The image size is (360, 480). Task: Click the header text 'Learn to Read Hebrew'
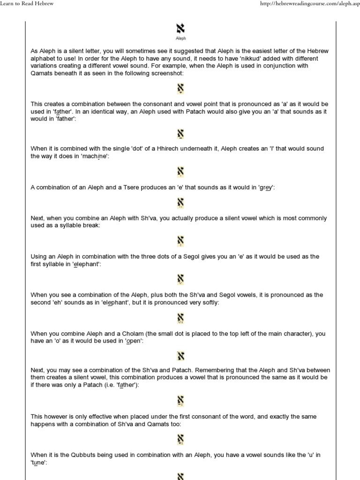(27, 4)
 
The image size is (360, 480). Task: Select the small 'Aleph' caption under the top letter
(180, 39)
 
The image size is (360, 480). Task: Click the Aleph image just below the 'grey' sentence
(180, 203)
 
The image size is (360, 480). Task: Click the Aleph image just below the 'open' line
(180, 356)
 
